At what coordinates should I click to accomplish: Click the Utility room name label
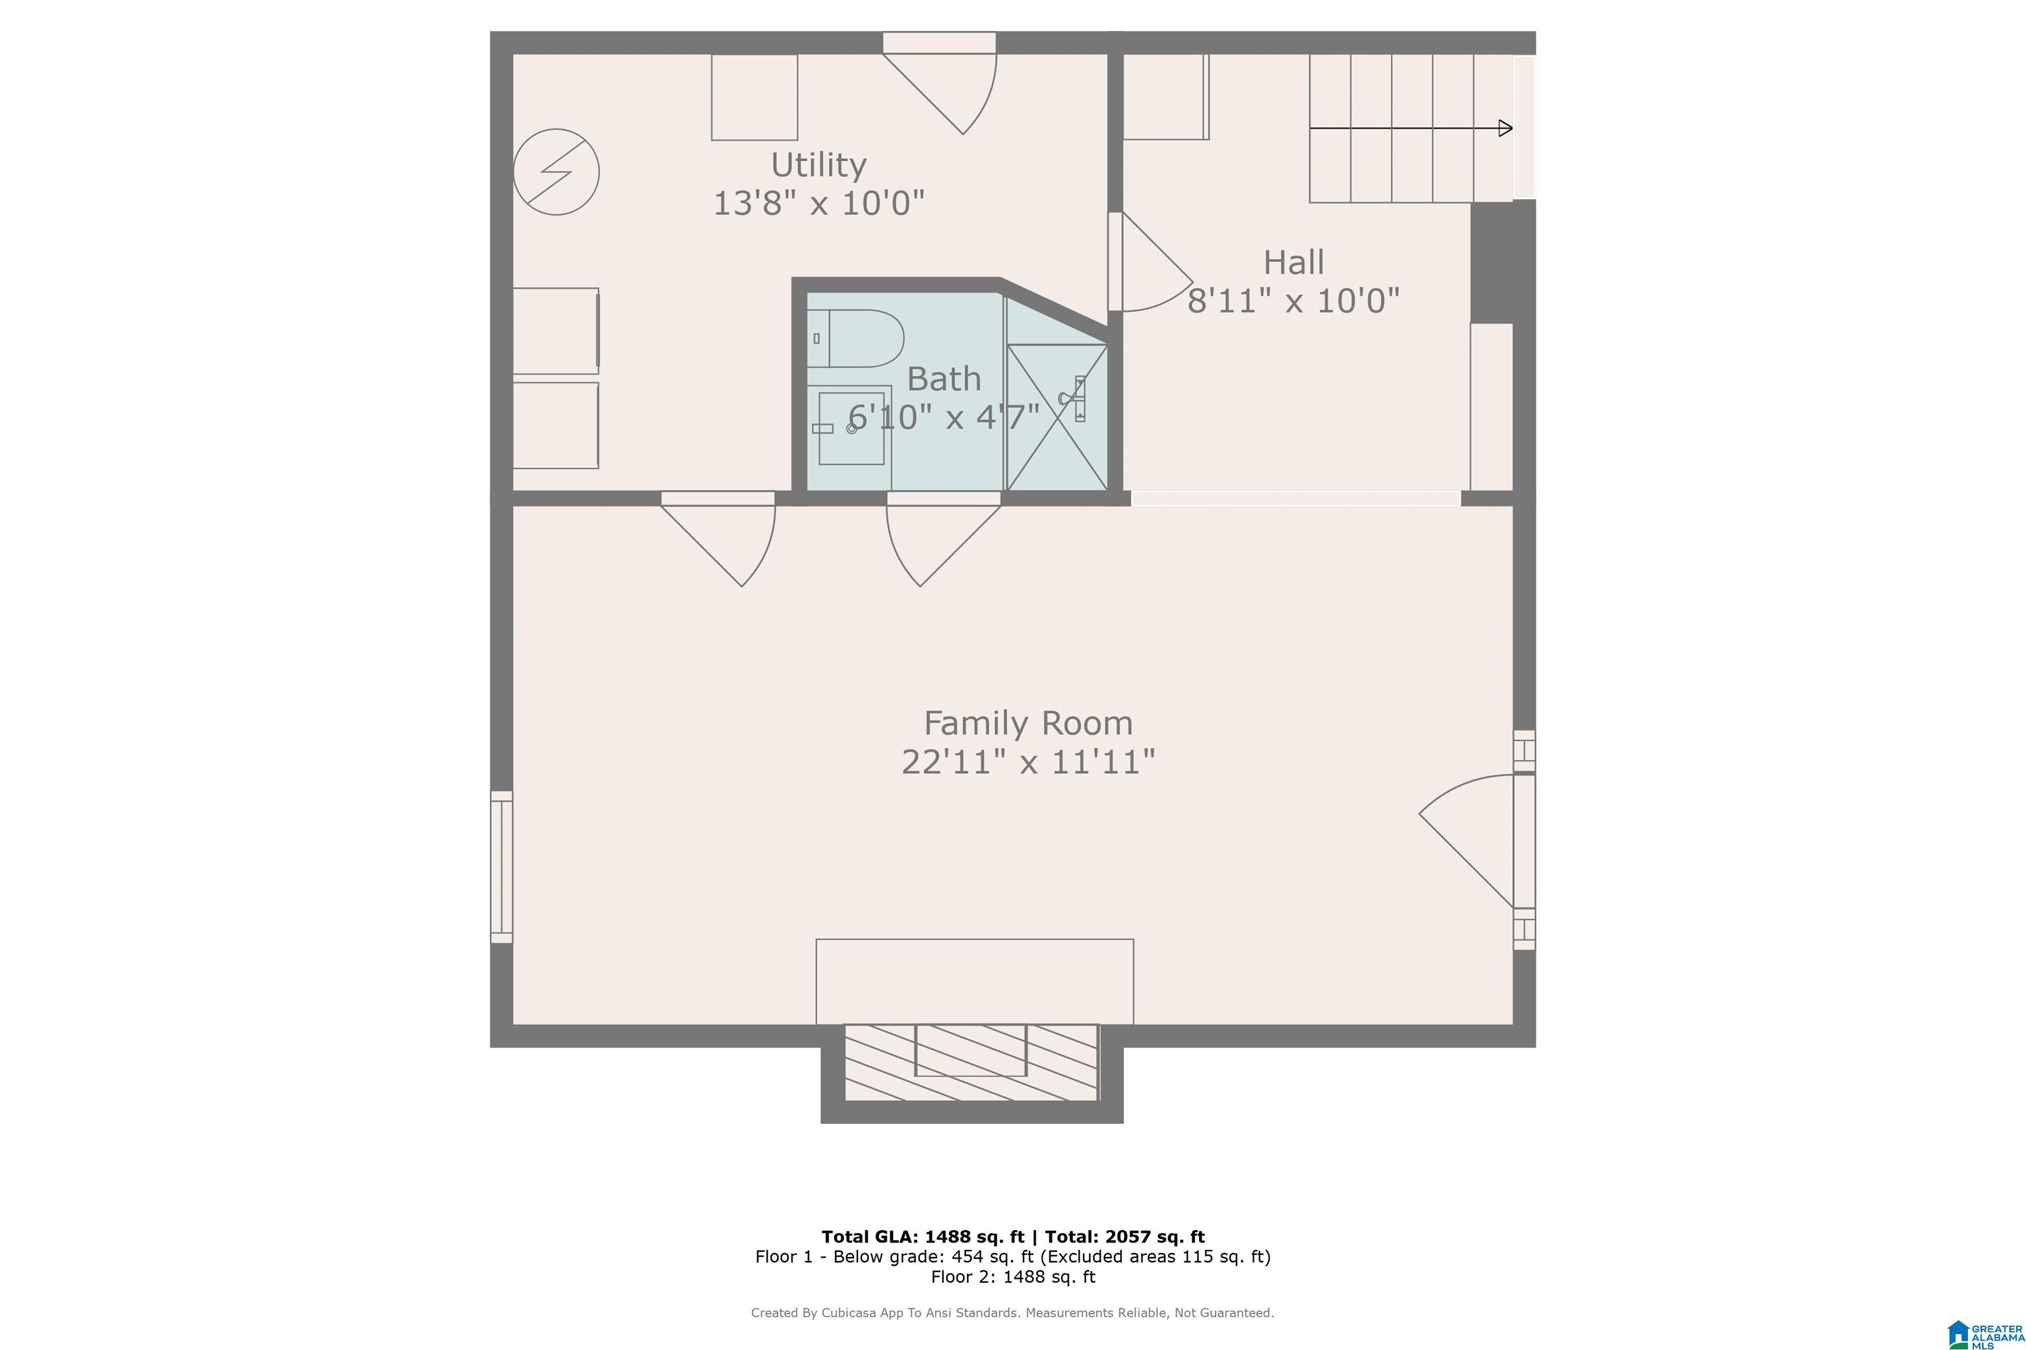818,164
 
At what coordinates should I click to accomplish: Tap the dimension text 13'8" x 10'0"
819,203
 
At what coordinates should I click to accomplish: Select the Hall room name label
1294,262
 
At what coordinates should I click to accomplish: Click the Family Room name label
1029,723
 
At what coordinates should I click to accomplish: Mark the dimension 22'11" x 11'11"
1029,762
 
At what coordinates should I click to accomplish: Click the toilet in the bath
855,338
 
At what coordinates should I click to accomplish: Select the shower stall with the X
1057,417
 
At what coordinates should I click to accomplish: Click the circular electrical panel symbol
557,172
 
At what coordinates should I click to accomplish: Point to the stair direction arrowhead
1506,129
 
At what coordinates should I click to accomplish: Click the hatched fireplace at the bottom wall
971,1063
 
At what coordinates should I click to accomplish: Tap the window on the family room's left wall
501,867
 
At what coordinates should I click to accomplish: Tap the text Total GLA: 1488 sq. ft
923,1237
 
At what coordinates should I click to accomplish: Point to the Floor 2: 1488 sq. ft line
1013,1277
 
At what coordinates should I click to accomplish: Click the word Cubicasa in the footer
855,1313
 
